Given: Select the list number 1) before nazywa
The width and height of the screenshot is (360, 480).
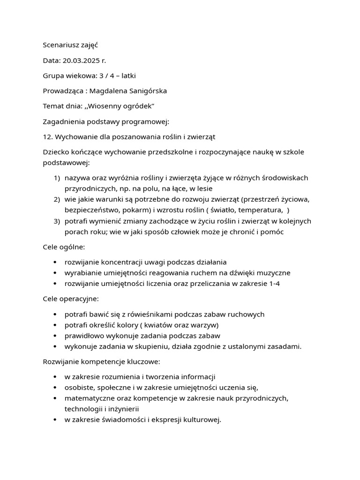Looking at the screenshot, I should (57, 178).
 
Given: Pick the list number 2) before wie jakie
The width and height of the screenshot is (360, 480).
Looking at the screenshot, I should (57, 199).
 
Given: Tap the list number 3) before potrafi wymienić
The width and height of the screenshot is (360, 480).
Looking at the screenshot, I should (57, 221).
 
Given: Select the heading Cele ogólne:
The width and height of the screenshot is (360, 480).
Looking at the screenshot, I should (64, 247).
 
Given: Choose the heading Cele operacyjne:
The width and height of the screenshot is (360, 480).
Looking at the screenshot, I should (71, 299).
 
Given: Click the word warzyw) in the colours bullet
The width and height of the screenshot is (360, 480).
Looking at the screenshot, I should (205, 325).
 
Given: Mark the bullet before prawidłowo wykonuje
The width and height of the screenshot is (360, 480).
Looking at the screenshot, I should (55, 336).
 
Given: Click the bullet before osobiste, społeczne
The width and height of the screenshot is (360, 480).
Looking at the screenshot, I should (55, 387).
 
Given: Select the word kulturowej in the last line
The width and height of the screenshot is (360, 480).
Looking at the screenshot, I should (202, 420).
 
